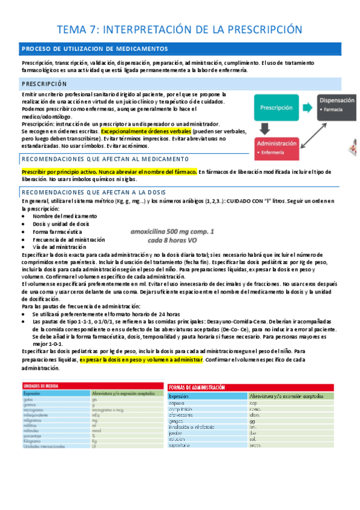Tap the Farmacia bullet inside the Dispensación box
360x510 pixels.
click(333, 111)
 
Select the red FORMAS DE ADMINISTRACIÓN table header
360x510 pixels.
click(201, 388)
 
